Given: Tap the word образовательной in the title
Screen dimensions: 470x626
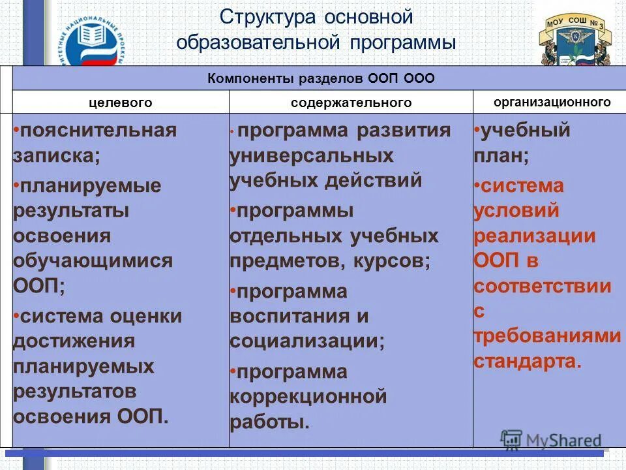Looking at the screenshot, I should [258, 43].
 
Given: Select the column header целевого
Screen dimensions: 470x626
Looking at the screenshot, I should [121, 102].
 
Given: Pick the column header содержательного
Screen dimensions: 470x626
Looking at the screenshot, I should [351, 102].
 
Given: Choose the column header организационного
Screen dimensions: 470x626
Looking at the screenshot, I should [552, 102].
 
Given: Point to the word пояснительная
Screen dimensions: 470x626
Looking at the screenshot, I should [98, 130].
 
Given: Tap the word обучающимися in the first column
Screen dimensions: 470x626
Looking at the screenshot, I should [93, 260].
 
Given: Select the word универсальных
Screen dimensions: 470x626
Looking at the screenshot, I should [311, 155].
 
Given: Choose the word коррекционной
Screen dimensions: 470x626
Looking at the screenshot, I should [308, 396].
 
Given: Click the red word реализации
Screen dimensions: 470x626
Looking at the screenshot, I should [534, 236].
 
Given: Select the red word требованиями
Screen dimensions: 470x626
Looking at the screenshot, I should [546, 336].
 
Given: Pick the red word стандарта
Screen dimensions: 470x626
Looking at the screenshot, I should [526, 361].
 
